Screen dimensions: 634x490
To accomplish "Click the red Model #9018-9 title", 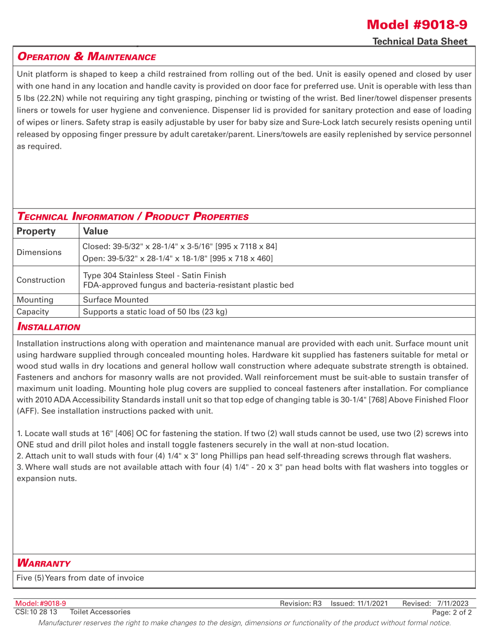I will (417, 25).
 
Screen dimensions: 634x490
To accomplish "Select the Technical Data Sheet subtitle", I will (420, 41).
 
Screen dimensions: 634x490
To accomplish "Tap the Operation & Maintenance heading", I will (86, 57).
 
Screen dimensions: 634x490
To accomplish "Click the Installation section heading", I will (49, 327).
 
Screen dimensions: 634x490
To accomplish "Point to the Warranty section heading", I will (43, 563).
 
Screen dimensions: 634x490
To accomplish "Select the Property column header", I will (36, 231).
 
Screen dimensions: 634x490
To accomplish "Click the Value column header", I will (95, 231).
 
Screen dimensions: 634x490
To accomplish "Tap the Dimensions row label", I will (39, 252).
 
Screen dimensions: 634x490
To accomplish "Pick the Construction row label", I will (41, 280).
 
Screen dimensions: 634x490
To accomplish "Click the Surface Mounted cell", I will (115, 300).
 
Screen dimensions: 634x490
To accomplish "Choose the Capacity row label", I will (32, 312).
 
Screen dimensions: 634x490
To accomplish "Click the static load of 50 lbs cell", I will (155, 312).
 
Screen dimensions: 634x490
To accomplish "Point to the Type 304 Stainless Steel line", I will (155, 275).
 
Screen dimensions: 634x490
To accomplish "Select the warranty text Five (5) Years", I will (80, 578).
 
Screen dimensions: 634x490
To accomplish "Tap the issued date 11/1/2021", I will (373, 604).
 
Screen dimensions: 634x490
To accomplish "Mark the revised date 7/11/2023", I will (453, 604).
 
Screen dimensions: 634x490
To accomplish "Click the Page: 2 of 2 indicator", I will (452, 613).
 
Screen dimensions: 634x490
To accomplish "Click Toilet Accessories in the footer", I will (100, 611).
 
